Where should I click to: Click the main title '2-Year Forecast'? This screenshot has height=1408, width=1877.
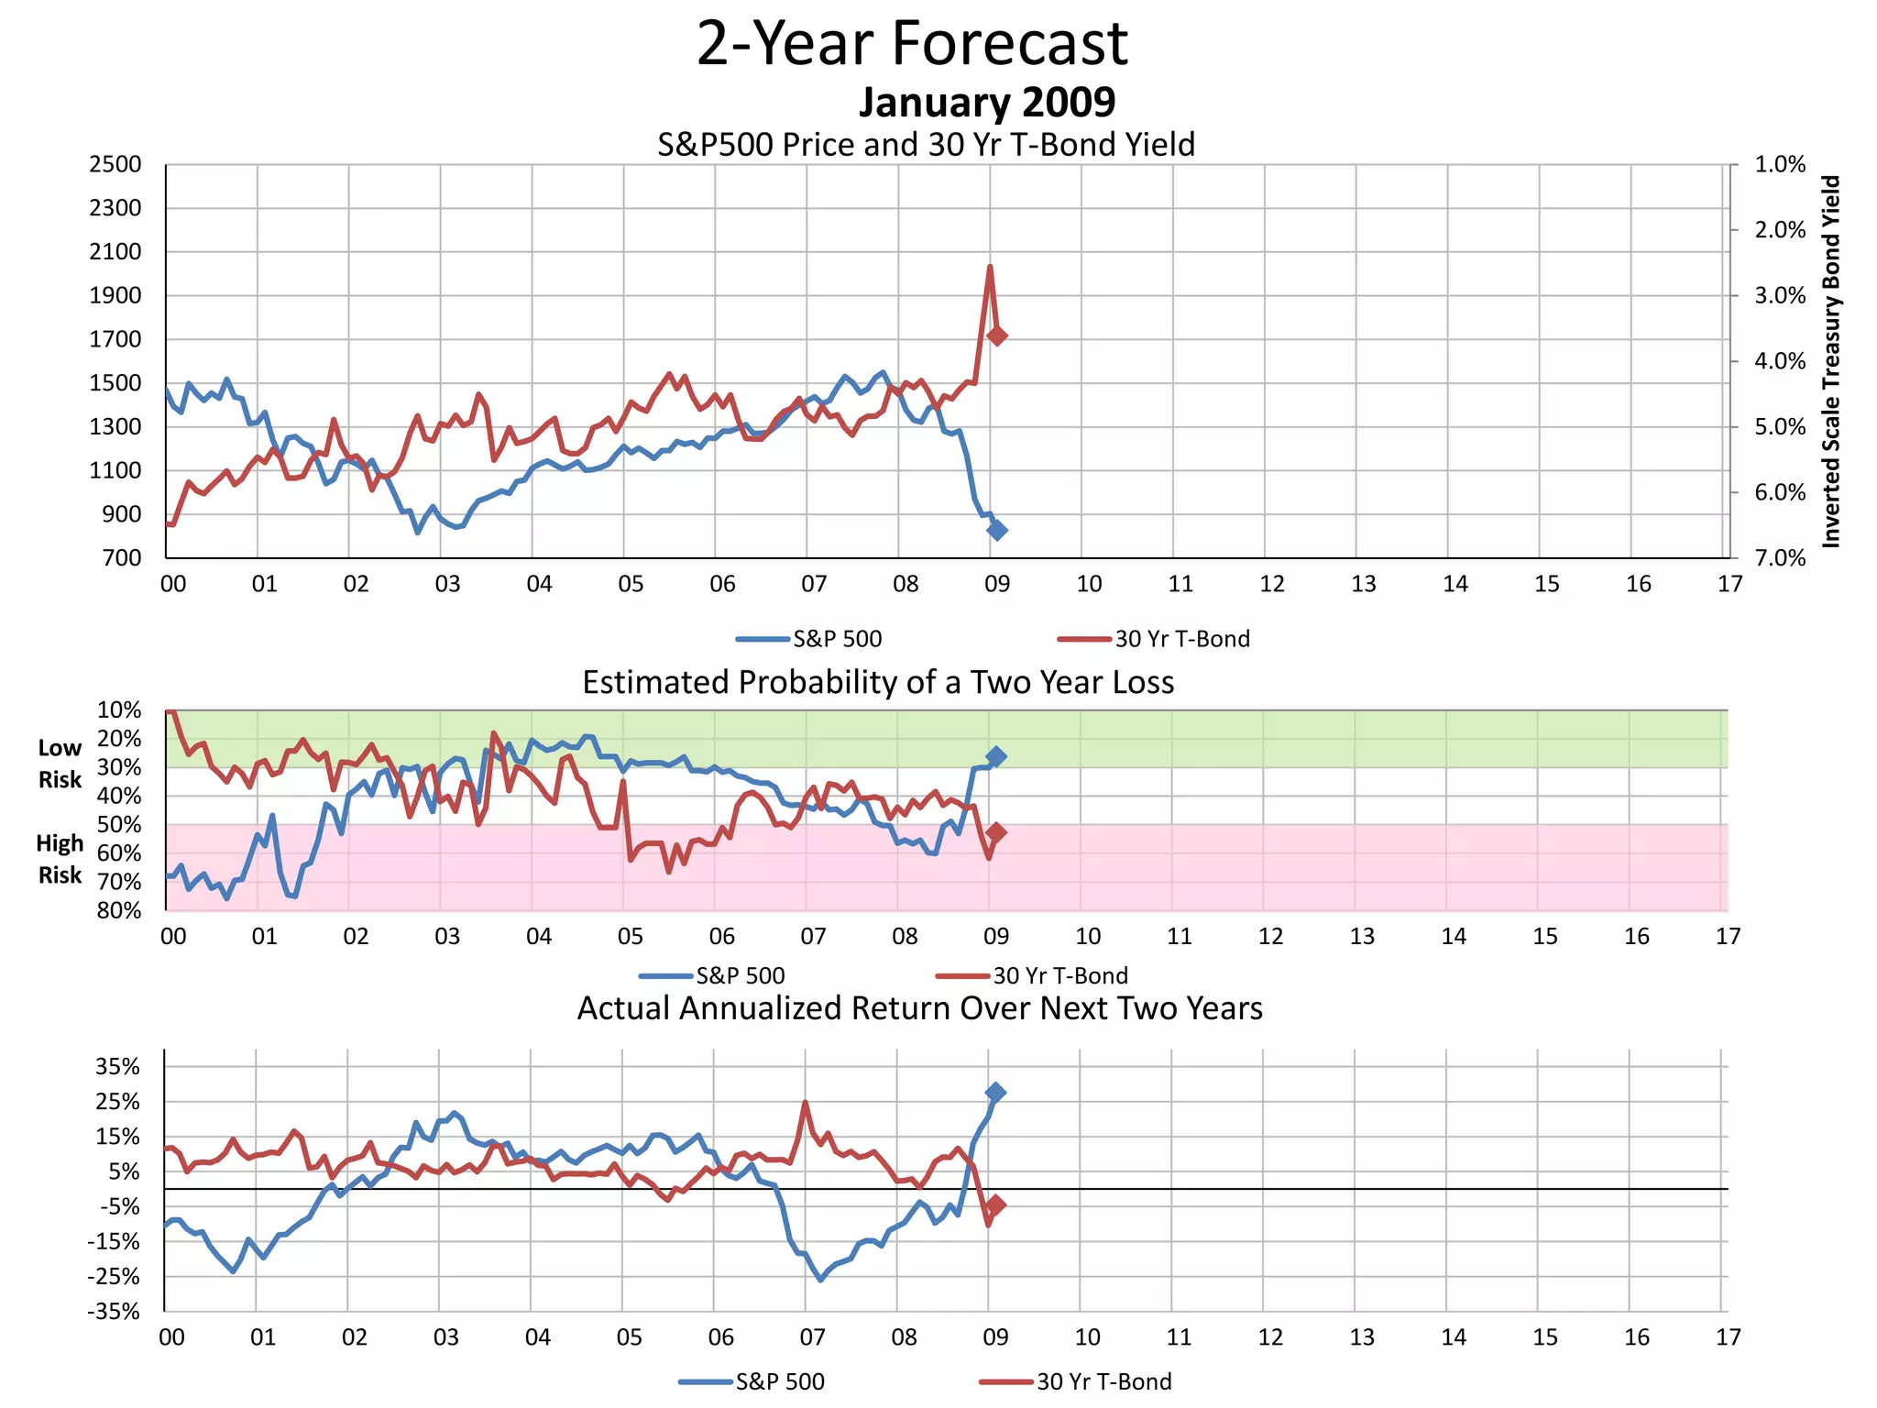(912, 44)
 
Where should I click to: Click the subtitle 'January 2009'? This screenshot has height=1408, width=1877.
(986, 102)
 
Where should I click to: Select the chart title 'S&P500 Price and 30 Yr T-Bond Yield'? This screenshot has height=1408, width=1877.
(926, 145)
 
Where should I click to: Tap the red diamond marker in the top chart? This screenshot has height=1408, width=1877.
(997, 335)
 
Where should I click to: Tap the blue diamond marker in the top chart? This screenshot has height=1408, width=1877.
(997, 530)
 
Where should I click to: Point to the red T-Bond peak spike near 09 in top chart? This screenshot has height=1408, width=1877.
(990, 268)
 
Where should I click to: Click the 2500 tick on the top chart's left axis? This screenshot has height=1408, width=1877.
(115, 165)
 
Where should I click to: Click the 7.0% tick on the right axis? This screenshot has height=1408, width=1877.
(1780, 558)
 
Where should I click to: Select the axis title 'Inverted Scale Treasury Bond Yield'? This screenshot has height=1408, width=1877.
(1830, 362)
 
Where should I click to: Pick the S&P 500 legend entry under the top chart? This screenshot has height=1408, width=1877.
(810, 639)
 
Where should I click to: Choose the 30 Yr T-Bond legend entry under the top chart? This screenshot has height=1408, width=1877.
(1155, 639)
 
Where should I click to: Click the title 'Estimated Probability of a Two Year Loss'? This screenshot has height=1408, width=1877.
(878, 683)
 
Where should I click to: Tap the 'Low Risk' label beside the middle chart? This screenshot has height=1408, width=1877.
(60, 764)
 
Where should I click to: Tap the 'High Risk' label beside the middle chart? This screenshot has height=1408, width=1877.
(60, 859)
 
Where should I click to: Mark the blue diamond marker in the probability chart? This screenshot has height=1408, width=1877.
(996, 756)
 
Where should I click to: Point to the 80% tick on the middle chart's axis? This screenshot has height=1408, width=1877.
(119, 911)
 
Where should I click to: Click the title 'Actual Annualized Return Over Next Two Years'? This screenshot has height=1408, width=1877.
(919, 1008)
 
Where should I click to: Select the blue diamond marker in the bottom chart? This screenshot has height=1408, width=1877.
(996, 1092)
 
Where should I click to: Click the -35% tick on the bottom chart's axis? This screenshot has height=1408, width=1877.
(114, 1312)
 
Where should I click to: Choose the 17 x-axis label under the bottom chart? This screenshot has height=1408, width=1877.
(1728, 1337)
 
